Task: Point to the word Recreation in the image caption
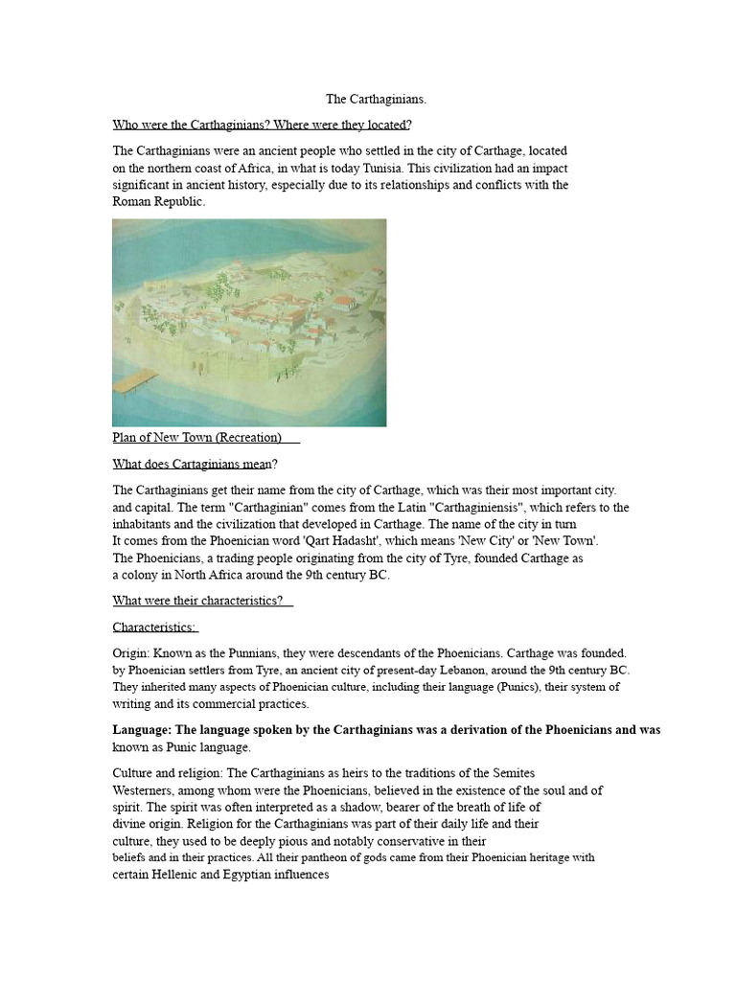[248, 438]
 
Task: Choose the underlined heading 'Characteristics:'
[154, 627]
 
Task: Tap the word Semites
[510, 773]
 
